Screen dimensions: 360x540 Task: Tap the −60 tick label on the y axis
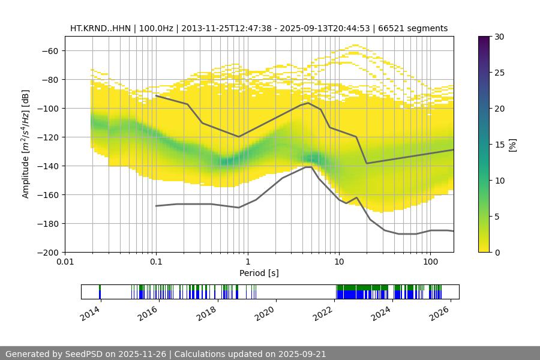click(50, 50)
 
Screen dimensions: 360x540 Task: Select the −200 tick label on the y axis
click(47, 252)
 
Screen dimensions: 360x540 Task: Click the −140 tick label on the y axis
click(47, 166)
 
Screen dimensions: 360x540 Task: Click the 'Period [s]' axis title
click(259, 273)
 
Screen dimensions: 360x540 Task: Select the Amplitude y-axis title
click(26, 144)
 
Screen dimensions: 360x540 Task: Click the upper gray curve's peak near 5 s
click(308, 103)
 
